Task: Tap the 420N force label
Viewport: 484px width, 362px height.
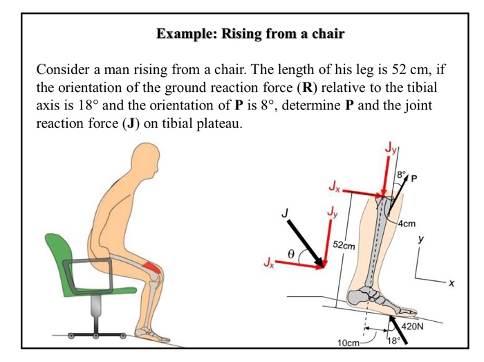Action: (x=413, y=326)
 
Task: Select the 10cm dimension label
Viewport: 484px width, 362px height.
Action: (x=348, y=344)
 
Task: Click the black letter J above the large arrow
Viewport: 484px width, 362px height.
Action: (x=284, y=215)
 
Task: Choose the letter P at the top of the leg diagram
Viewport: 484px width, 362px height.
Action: (x=414, y=179)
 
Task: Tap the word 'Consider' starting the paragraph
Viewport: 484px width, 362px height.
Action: (x=63, y=71)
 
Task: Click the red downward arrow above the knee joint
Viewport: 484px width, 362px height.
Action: (x=384, y=173)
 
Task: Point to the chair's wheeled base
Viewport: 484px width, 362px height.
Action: (x=94, y=329)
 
